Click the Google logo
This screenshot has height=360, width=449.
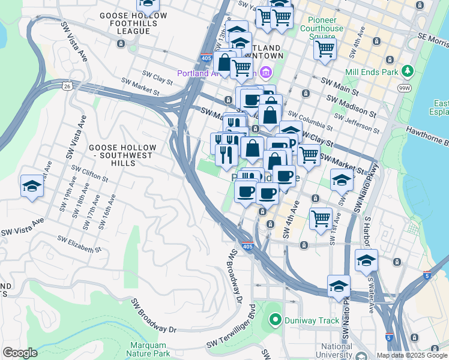point(20,353)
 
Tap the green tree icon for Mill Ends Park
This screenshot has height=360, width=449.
point(408,72)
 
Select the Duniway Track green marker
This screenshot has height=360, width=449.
point(275,320)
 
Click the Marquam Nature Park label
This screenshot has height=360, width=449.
point(149,350)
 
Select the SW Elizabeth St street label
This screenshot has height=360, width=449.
point(79,244)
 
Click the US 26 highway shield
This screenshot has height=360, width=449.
point(66,87)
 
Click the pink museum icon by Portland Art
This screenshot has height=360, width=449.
point(266,73)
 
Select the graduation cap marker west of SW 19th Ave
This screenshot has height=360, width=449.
point(32,185)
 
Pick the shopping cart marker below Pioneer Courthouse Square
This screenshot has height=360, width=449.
point(325,49)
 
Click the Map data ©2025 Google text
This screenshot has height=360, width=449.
point(411,355)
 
